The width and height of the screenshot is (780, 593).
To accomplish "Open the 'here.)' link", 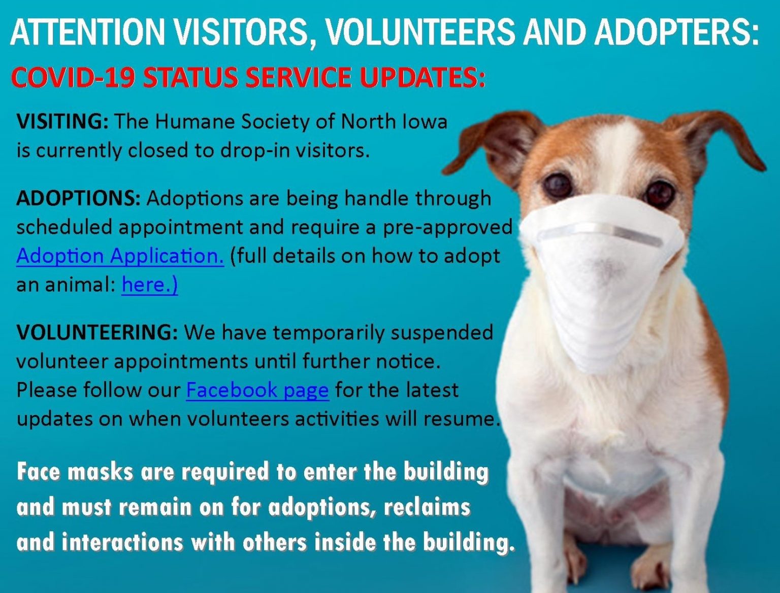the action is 150,285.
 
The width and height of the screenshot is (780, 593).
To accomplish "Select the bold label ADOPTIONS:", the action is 79,198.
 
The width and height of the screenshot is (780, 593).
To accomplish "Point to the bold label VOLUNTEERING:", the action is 96,333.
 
